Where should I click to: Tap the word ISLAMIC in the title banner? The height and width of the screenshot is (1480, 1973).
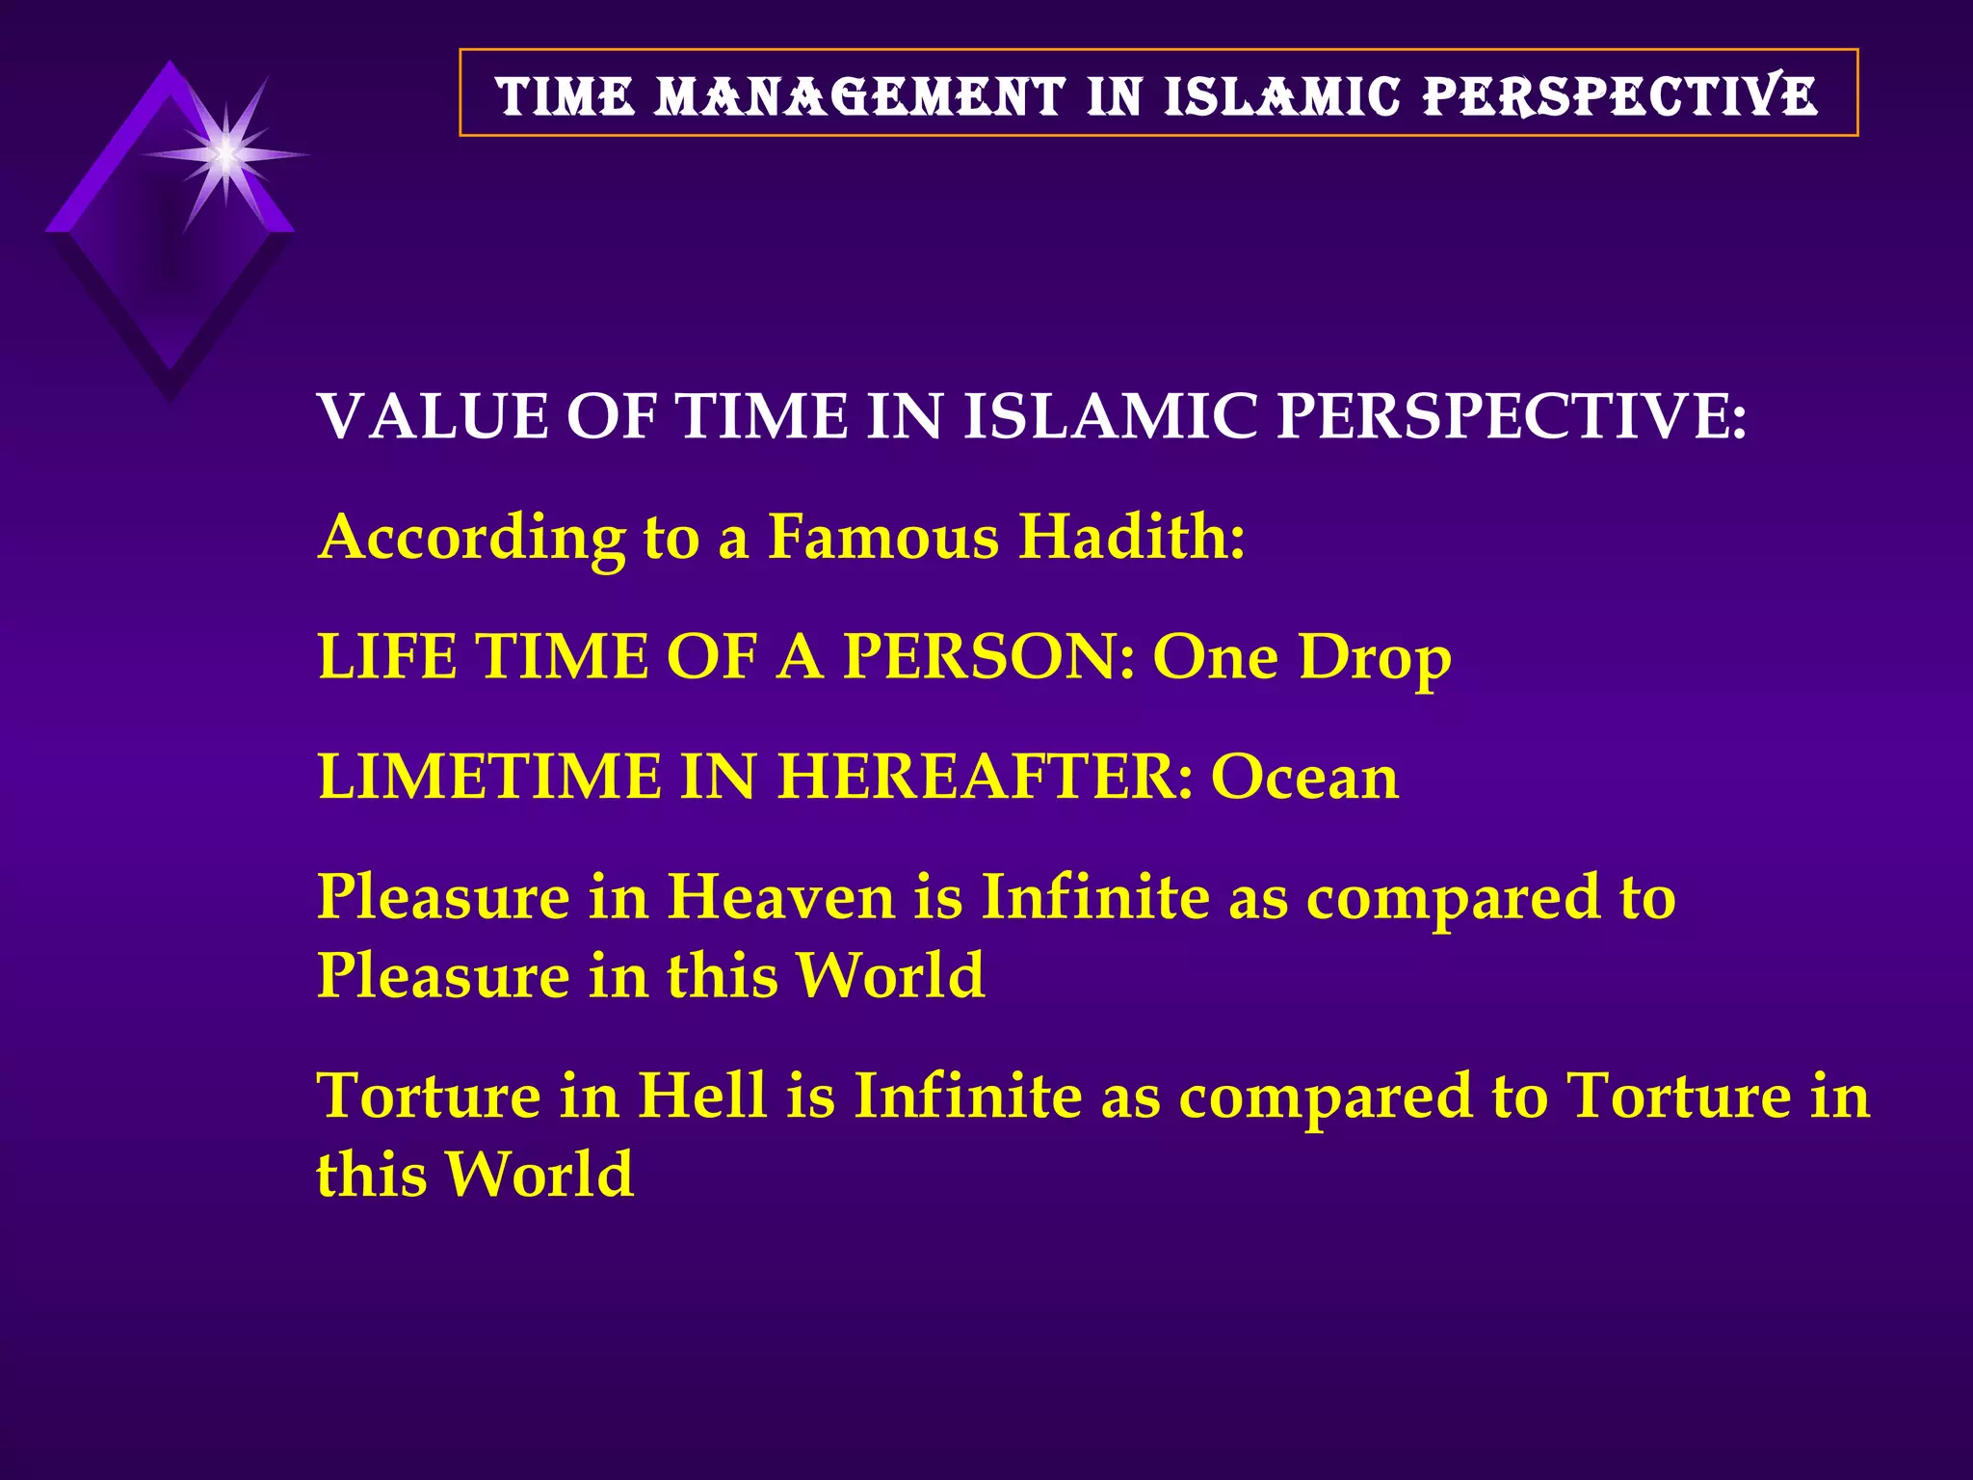[1281, 96]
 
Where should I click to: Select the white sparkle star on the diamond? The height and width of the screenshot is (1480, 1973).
[224, 154]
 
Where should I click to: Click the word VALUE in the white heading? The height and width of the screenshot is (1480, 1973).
[433, 416]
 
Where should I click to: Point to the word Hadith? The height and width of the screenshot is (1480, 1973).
[1132, 536]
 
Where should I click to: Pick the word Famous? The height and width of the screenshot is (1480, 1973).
[883, 536]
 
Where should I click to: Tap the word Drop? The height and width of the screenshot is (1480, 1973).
[1375, 656]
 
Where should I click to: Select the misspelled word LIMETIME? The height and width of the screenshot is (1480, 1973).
[490, 777]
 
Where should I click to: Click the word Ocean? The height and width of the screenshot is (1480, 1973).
[1304, 777]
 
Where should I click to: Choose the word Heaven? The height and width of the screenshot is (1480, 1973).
[781, 897]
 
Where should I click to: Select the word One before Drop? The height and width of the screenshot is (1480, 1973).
[1215, 656]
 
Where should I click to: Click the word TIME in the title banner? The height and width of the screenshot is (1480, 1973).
[566, 96]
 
